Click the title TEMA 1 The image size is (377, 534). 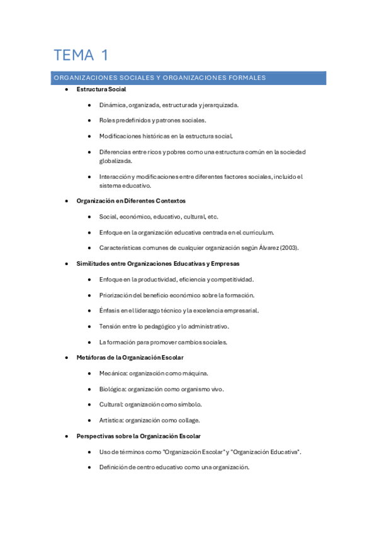coord(81,55)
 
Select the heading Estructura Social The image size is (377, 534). coord(101,89)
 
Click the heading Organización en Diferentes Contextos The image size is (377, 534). coord(131,201)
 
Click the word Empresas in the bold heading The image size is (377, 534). coord(223,264)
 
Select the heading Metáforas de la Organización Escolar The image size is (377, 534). coord(130,358)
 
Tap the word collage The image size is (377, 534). coord(188,420)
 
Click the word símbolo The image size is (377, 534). coord(189,404)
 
